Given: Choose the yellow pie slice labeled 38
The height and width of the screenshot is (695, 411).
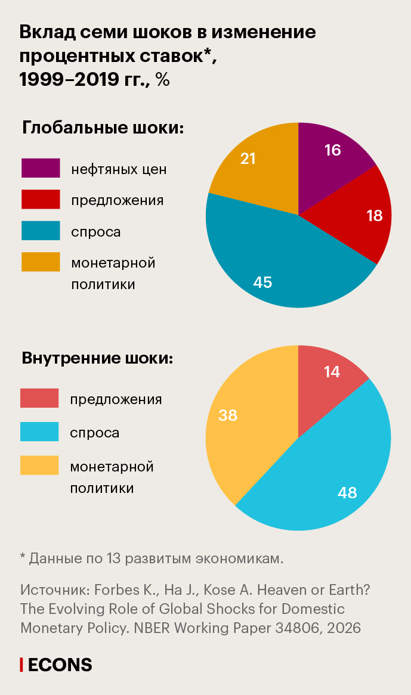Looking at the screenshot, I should [245, 423].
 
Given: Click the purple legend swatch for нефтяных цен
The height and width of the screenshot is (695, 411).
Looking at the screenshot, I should [41, 168].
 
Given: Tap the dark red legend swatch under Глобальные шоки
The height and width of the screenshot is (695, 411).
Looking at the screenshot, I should [41, 199].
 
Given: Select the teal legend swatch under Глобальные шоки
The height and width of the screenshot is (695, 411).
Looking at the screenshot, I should [41, 231].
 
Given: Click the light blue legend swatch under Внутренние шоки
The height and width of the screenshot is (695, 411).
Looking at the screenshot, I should [39, 432].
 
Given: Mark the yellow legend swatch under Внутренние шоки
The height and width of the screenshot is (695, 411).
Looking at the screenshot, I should [39, 465].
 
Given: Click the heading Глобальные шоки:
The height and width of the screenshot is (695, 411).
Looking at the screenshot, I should [102, 128].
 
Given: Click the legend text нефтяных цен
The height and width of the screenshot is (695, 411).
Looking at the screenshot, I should [119, 169].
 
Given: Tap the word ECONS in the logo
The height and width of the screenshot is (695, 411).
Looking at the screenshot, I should [60, 665].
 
